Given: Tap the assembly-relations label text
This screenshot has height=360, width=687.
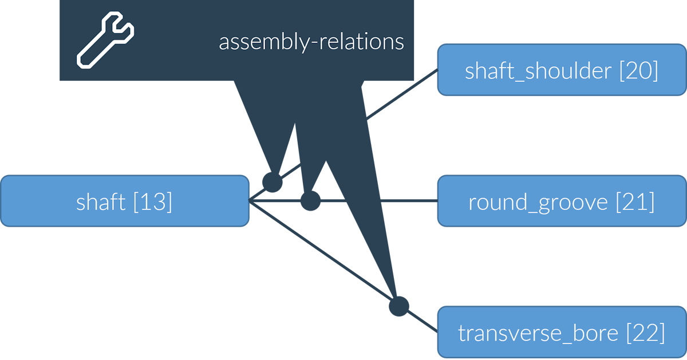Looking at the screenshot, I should (x=311, y=42).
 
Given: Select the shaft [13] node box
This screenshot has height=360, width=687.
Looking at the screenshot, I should (x=124, y=201).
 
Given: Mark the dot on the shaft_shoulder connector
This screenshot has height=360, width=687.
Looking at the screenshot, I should (x=273, y=183).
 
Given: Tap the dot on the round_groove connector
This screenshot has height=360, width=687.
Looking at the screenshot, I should (x=310, y=201).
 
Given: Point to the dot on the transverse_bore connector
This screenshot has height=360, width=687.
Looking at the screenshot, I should (x=399, y=306).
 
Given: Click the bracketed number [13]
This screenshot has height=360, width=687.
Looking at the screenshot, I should (x=152, y=202).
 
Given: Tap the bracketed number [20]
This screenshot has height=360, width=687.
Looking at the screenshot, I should (x=638, y=71).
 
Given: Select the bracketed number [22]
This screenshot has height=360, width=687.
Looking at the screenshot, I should (x=645, y=333).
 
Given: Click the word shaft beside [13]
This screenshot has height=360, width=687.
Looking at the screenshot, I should (x=101, y=201).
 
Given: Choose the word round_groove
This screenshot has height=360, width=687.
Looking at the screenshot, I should (x=538, y=203).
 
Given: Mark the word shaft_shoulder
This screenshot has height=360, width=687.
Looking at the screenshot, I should (x=538, y=71).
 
